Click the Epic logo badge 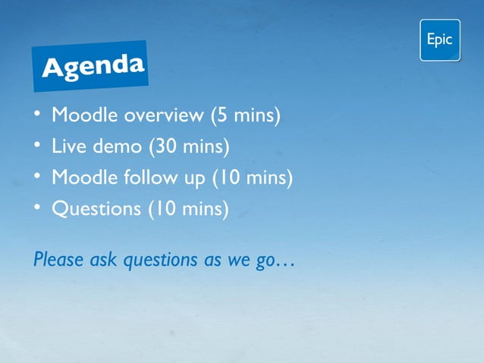[440, 40]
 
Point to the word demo [114, 146]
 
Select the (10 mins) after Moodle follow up [253, 177]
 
